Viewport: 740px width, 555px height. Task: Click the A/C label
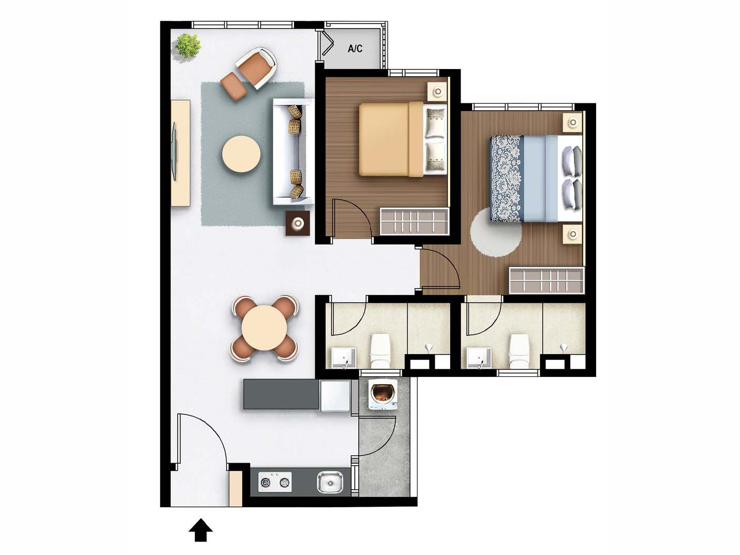pos(355,49)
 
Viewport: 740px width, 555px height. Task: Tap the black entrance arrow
pos(200,531)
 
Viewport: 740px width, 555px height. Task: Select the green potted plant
pos(187,45)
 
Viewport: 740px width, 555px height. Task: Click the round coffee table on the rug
pos(241,154)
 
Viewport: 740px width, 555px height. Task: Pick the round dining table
pos(264,328)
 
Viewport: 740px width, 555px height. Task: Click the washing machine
pos(383,394)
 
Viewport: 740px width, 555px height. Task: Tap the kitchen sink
pos(330,482)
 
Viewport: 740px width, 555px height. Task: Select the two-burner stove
pos(275,482)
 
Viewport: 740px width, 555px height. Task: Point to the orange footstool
pos(233,86)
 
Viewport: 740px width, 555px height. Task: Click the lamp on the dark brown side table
pos(298,224)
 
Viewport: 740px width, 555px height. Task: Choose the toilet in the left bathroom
pos(380,350)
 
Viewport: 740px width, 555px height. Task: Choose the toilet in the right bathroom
pos(518,351)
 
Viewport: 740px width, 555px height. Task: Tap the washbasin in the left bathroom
pos(344,358)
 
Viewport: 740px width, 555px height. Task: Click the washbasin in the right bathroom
pos(479,358)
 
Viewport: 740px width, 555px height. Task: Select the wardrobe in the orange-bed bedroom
pos(414,221)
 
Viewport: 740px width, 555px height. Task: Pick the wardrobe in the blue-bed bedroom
pos(546,280)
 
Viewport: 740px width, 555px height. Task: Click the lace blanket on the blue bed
pos(506,178)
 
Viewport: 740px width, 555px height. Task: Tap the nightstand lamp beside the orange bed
pos(438,92)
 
